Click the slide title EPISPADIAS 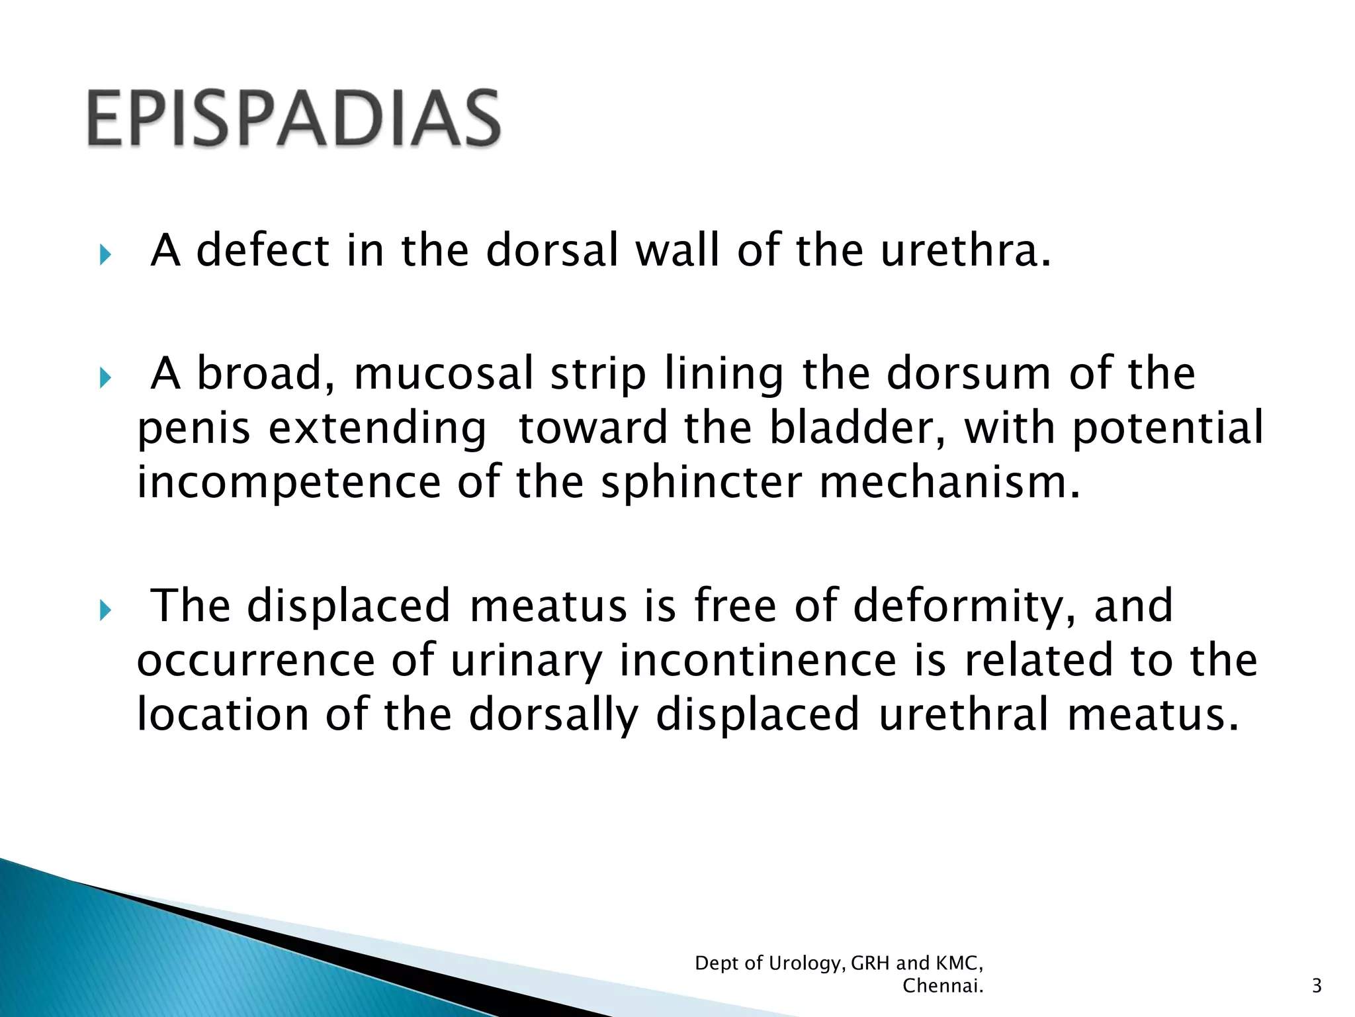(294, 119)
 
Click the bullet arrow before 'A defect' (105, 254)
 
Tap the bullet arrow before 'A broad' (105, 378)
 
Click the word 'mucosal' (443, 374)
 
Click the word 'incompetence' (288, 483)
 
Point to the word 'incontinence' (758, 661)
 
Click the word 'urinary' (527, 661)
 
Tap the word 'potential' (1167, 428)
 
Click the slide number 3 (1316, 986)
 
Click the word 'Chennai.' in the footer (943, 986)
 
